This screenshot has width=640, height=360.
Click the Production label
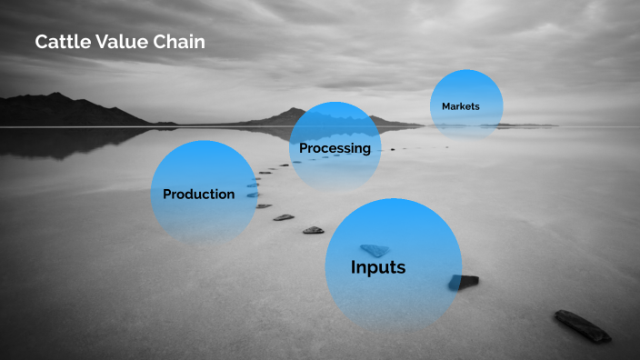click(x=198, y=194)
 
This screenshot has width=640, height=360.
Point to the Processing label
click(x=335, y=148)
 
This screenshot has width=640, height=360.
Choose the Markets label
click(x=460, y=106)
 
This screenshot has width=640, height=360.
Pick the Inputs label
click(x=378, y=268)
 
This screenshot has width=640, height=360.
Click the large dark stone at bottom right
click(x=583, y=325)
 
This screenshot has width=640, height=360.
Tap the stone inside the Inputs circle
click(x=374, y=250)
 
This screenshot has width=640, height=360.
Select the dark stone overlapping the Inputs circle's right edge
click(x=464, y=282)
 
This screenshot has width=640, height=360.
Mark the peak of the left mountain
click(x=55, y=95)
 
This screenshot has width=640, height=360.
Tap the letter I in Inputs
click(x=354, y=268)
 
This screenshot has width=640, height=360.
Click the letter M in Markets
click(x=446, y=106)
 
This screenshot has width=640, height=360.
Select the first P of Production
click(x=167, y=194)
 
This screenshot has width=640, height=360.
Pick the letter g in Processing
click(x=366, y=150)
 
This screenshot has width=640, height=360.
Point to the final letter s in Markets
click(x=476, y=106)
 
